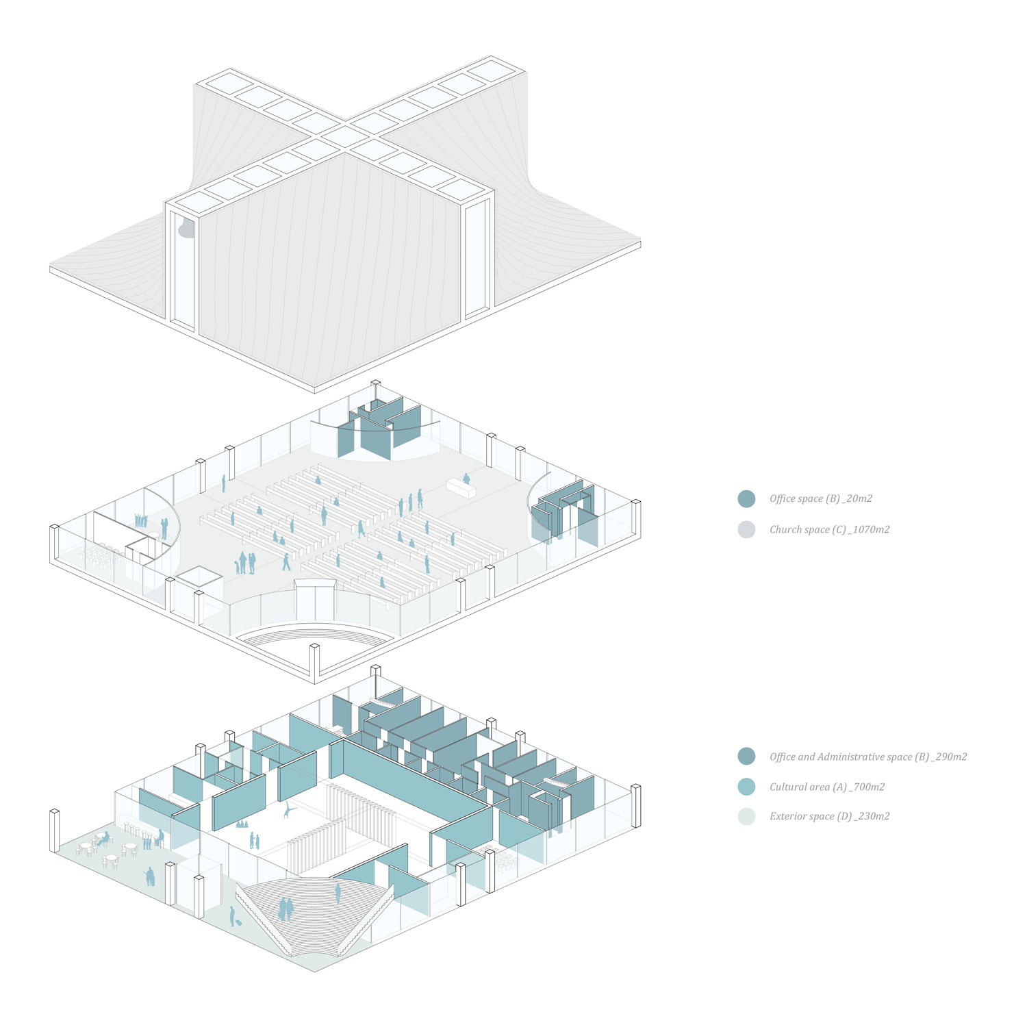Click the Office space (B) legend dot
(x=746, y=498)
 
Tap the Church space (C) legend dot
(x=746, y=529)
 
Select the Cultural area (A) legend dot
(x=746, y=787)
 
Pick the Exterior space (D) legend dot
(x=746, y=816)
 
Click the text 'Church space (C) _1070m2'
(x=829, y=529)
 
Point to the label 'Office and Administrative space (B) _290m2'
(x=867, y=757)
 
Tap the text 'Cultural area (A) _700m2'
(x=826, y=787)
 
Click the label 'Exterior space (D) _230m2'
(x=829, y=816)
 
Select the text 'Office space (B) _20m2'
(x=820, y=498)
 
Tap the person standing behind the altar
(x=466, y=478)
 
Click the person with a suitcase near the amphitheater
(x=232, y=916)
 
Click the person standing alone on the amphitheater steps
(x=338, y=893)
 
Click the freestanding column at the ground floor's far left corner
(x=55, y=831)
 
